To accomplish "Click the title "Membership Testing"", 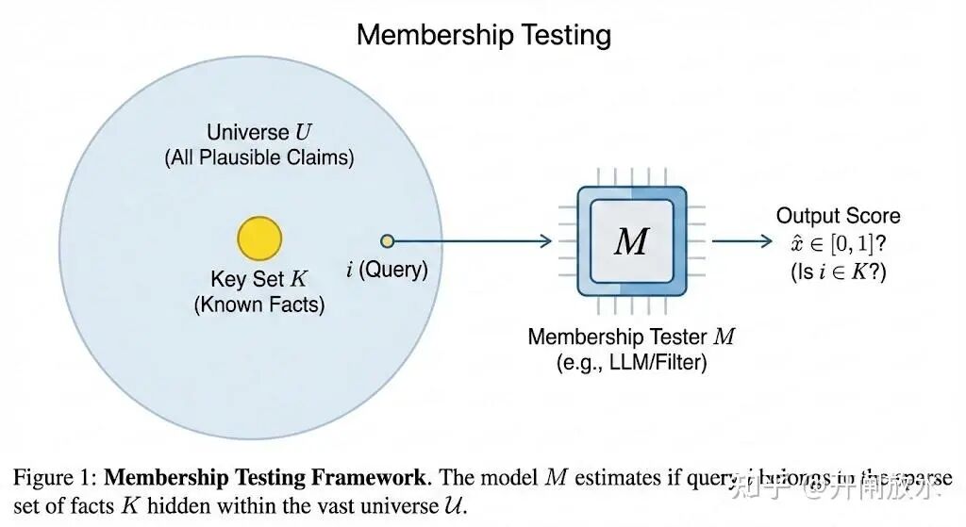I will (x=483, y=35).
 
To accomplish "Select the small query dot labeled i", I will (x=387, y=241).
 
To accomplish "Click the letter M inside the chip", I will (x=631, y=241).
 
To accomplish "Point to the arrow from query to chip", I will (x=472, y=241).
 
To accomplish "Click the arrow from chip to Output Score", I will (x=741, y=241).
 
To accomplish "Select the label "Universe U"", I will (x=259, y=132).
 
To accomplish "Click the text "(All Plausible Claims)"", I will (x=259, y=158).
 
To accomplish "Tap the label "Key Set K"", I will (x=259, y=279).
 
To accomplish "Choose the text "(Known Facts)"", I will (x=259, y=305).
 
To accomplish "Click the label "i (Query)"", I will (x=387, y=270).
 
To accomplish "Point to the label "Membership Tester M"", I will (x=631, y=336).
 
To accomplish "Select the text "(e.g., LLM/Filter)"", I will (x=631, y=361).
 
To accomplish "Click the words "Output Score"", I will (x=838, y=216).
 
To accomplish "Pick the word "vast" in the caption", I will (x=337, y=505).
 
